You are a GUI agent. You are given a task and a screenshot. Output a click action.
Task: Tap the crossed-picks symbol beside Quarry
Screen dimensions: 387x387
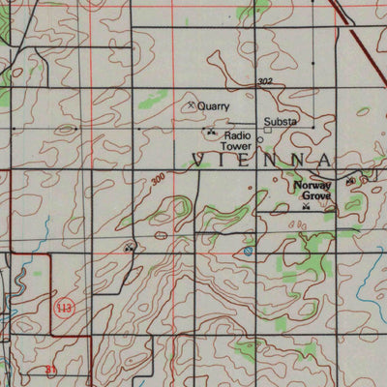191,104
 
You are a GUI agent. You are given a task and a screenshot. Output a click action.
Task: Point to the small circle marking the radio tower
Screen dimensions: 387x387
259,139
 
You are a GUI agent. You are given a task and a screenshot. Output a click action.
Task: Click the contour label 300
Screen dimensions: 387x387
158,178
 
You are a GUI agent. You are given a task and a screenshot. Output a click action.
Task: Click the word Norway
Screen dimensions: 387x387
313,184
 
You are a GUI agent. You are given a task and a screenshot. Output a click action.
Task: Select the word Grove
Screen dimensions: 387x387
315,194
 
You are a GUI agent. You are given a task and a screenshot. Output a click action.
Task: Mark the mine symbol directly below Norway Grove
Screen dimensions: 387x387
306,207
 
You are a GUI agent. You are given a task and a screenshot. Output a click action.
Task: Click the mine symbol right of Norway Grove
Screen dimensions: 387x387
349,181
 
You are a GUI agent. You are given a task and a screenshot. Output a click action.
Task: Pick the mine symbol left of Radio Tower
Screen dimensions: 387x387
211,132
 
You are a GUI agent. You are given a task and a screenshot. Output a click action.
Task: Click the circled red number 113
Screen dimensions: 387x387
63,308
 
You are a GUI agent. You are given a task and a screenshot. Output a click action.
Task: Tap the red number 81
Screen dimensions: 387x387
51,369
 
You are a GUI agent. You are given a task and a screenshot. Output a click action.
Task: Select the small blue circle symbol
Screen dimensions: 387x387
249,251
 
